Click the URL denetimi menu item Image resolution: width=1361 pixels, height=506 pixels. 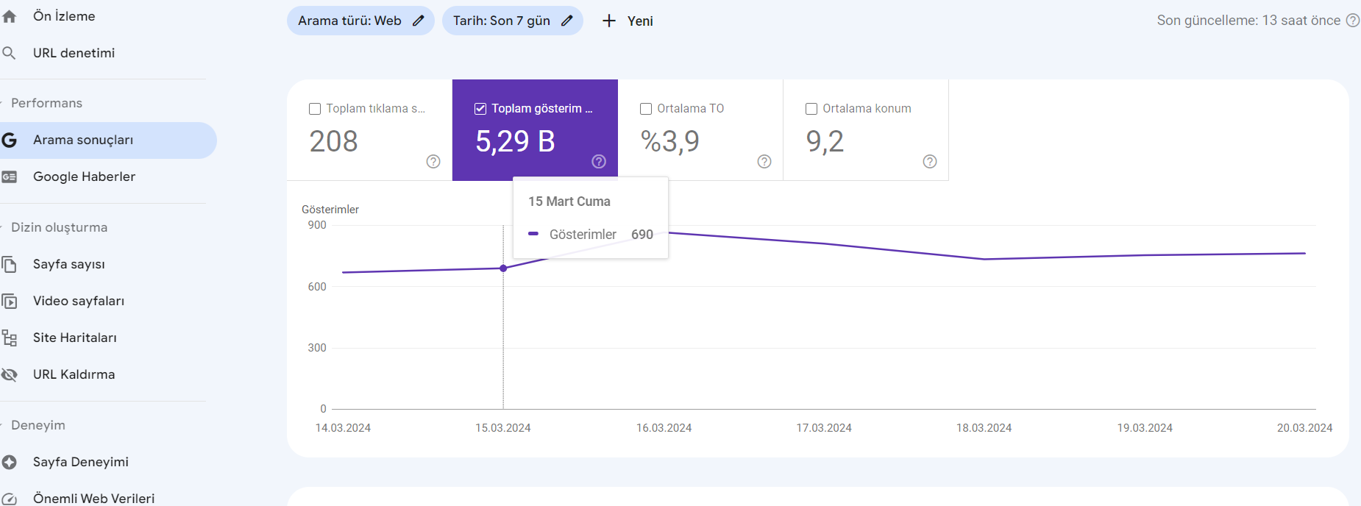tap(74, 53)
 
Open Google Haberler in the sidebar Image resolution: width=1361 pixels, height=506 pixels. tap(84, 177)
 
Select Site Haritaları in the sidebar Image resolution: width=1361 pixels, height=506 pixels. tap(74, 338)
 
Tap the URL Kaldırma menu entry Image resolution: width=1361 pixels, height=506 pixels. tap(74, 374)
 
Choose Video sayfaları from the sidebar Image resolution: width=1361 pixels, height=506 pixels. tap(78, 301)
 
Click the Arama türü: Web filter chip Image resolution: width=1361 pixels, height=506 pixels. tap(360, 21)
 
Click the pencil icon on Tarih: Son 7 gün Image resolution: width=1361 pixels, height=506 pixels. tap(566, 21)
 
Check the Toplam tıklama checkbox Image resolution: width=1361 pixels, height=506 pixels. tap(315, 109)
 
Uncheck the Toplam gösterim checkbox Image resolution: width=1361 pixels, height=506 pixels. tap(480, 109)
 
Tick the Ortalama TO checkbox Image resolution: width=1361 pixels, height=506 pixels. tap(646, 109)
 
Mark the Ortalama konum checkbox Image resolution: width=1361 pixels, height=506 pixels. tap(811, 109)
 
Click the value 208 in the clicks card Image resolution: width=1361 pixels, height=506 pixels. tap(333, 141)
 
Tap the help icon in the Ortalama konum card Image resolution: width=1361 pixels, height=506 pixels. tap(930, 162)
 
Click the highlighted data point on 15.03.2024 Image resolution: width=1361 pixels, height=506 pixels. tap(503, 268)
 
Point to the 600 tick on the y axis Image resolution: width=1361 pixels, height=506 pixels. tap(317, 287)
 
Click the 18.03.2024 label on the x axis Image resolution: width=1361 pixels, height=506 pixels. tap(984, 428)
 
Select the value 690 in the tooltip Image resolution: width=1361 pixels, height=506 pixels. tap(642, 235)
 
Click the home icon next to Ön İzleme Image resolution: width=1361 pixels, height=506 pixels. tap(9, 16)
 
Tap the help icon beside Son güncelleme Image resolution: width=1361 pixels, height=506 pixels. tap(1353, 21)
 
